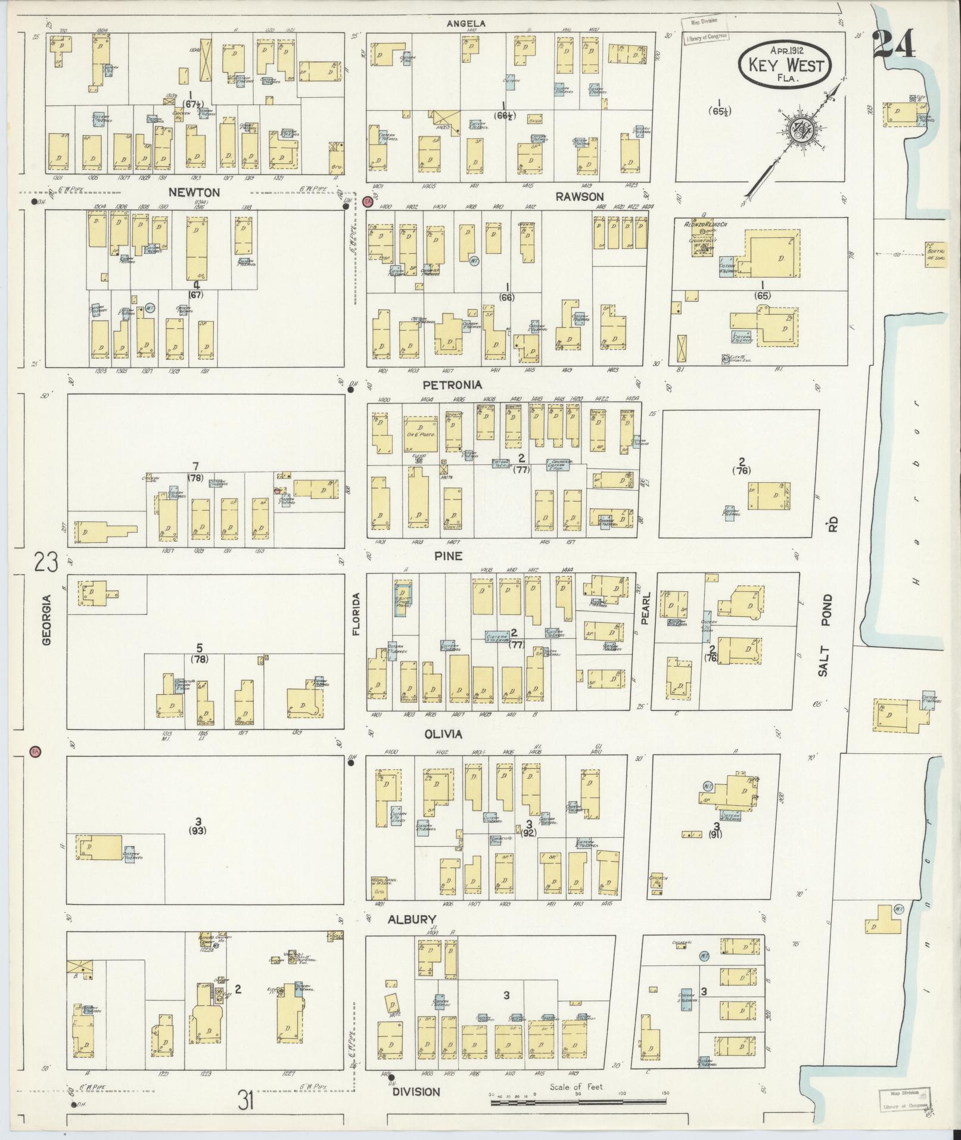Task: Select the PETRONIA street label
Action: pyautogui.click(x=453, y=385)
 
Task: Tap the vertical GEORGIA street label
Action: pyautogui.click(x=47, y=620)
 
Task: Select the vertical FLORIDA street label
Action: pyautogui.click(x=357, y=614)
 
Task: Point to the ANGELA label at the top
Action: pyautogui.click(x=466, y=24)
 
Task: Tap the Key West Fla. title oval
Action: pyautogui.click(x=785, y=64)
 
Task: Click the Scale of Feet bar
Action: pyautogui.click(x=578, y=1102)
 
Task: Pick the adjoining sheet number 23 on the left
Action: pyautogui.click(x=46, y=563)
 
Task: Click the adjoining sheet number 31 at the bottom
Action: pyautogui.click(x=246, y=1099)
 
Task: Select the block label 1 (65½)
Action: pyautogui.click(x=720, y=106)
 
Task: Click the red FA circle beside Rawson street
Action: pyautogui.click(x=368, y=202)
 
